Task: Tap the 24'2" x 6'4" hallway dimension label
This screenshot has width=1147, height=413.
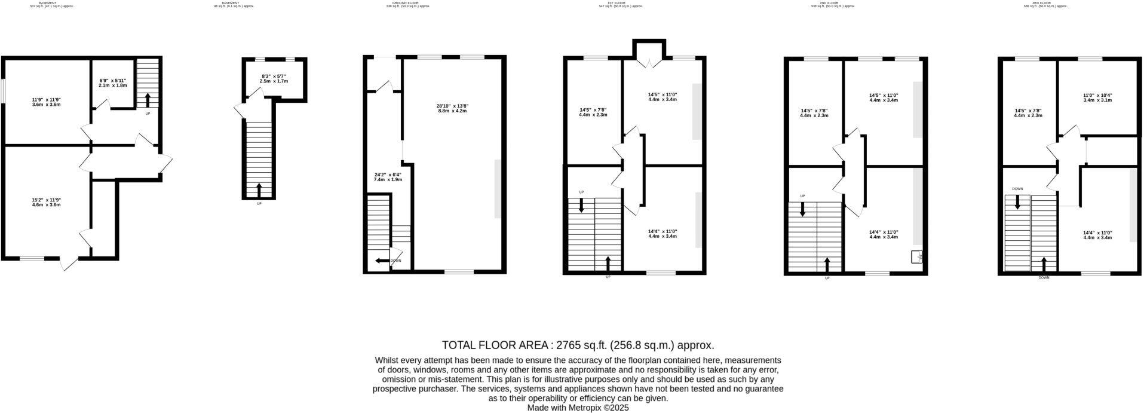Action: (388, 177)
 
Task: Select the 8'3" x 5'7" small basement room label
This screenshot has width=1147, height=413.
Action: (275, 78)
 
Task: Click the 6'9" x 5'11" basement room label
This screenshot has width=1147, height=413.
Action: (113, 82)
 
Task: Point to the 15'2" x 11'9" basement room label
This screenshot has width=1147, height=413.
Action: (47, 202)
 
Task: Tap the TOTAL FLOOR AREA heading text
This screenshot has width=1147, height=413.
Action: (577, 345)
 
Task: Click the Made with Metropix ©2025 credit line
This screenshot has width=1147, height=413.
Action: (577, 408)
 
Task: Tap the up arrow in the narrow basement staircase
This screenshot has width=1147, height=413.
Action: (259, 191)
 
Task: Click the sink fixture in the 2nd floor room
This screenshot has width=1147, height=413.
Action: (916, 257)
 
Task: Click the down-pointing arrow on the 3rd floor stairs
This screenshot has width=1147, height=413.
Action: (1017, 203)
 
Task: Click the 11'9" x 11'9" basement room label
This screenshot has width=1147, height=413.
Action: (47, 102)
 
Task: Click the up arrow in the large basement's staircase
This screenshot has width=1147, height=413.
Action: (148, 100)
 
